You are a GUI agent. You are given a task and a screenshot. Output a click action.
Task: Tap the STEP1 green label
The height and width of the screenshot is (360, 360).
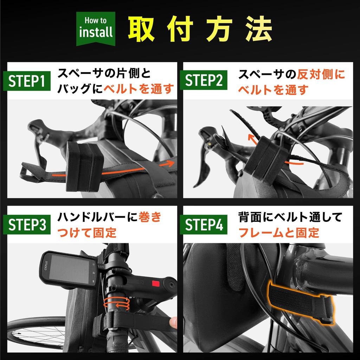pos(26,82)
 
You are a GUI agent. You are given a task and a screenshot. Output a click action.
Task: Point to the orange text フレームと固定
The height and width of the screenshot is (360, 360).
pos(278,232)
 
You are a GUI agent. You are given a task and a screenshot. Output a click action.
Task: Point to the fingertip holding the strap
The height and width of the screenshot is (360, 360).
pos(173,322)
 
